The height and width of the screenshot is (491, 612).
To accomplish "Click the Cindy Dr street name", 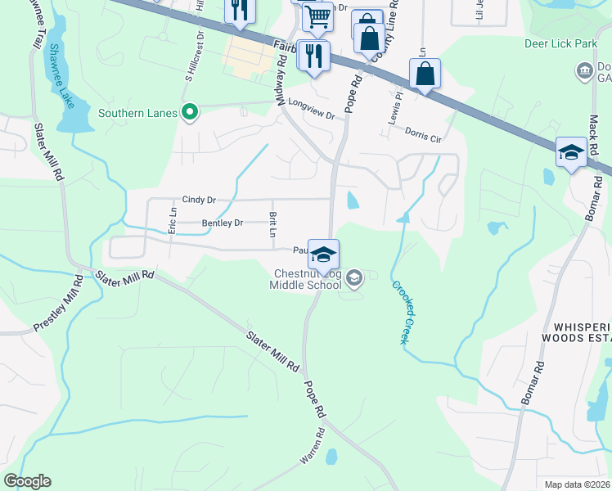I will [199, 200].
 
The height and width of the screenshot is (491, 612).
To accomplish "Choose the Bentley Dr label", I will [223, 223].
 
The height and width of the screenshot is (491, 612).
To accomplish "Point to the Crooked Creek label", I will [399, 313].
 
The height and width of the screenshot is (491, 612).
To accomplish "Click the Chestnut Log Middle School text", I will [308, 279].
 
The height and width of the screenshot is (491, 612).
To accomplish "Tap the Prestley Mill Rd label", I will [57, 304].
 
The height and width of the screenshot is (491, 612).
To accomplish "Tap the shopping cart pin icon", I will [317, 16].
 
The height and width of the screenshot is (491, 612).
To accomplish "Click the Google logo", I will [28, 481].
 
